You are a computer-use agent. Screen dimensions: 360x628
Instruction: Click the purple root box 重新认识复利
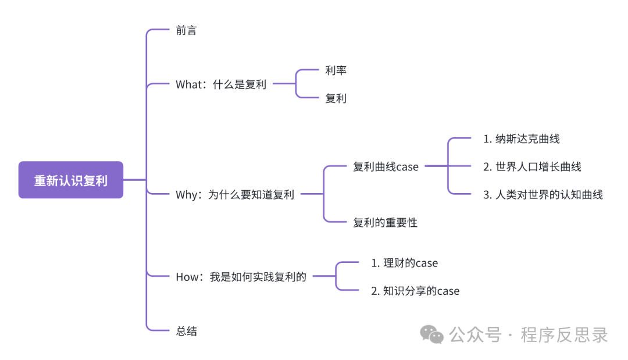point(70,180)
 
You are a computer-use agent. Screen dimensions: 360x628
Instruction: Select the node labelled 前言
point(186,30)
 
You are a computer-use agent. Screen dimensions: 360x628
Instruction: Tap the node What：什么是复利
point(221,84)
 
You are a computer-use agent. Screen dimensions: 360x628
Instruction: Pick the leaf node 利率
point(336,70)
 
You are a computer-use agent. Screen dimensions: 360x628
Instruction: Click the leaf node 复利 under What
point(336,98)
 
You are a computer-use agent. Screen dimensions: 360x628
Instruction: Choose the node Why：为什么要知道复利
point(235,195)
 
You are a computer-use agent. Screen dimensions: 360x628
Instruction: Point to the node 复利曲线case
point(386,167)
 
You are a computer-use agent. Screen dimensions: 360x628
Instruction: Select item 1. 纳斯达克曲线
point(521,139)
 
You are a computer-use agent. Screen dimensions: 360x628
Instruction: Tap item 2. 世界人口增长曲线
point(532,167)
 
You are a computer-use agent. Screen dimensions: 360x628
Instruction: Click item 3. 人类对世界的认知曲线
point(543,195)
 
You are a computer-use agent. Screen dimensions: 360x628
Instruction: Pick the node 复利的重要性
point(385,222)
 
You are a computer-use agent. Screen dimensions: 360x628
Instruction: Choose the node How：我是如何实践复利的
point(241,277)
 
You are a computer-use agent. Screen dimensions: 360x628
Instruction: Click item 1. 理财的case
point(404,263)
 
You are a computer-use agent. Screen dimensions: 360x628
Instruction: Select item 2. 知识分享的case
point(415,291)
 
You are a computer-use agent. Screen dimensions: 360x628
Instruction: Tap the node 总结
point(186,332)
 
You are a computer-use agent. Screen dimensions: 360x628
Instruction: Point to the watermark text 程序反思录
point(564,335)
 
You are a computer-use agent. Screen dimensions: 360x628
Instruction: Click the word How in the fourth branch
point(187,277)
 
